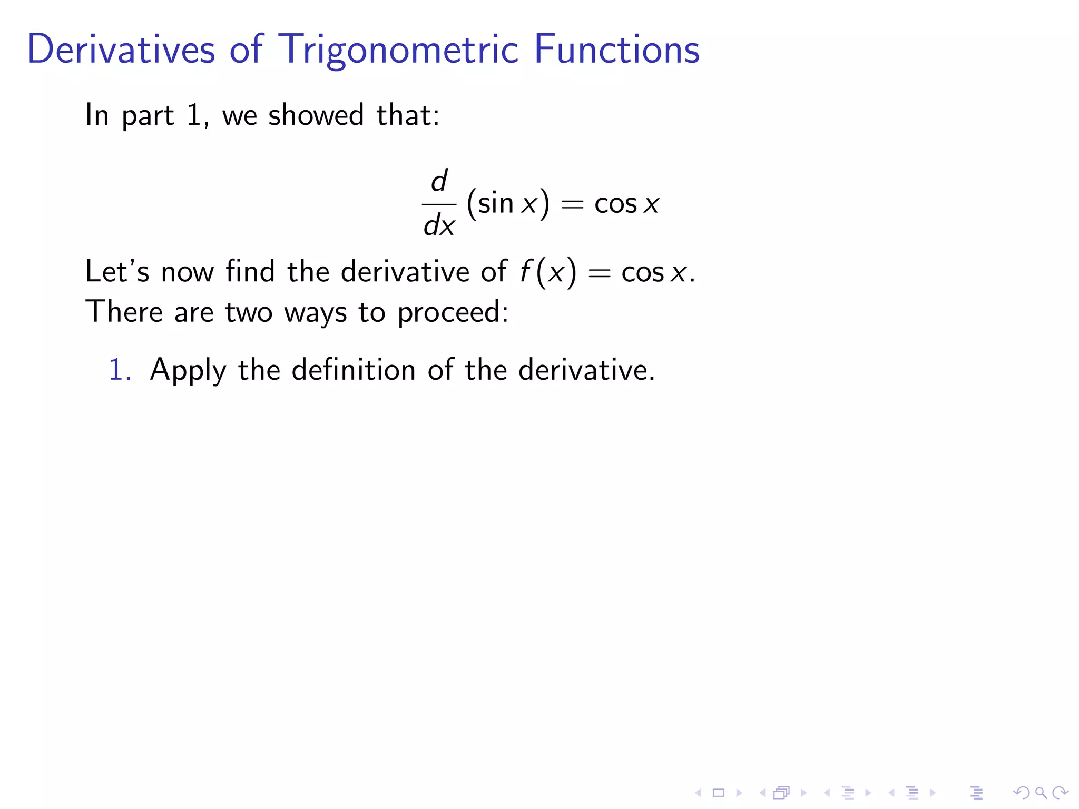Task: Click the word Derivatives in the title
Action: coord(121,49)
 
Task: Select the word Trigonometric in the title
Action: coord(399,50)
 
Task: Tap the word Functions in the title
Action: coord(616,49)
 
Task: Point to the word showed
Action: coord(316,115)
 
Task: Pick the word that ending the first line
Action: coord(407,115)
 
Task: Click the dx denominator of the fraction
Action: coord(439,225)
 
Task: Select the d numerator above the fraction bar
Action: coord(439,181)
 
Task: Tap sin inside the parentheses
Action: coord(495,203)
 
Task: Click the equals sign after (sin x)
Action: coord(572,204)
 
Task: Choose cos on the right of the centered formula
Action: coord(615,204)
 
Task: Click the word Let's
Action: coord(117,271)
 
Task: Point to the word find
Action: coord(250,271)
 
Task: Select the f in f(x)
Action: coord(525,272)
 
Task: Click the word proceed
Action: coord(452,312)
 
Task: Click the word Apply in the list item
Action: coord(188,370)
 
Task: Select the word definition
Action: coord(354,369)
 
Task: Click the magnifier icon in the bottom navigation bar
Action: coord(1041,793)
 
